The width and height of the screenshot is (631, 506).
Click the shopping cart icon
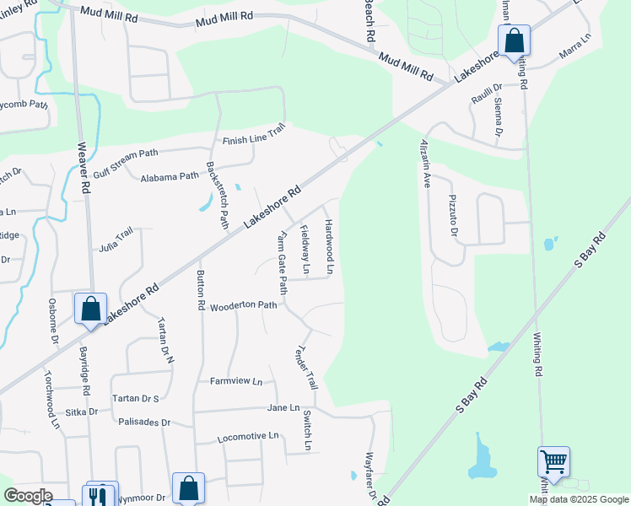point(553,461)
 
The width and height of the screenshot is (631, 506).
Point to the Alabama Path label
point(170,177)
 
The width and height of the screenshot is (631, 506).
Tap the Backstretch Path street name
point(218,194)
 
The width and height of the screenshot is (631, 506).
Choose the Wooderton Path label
point(244,305)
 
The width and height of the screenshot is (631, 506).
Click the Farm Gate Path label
point(283,264)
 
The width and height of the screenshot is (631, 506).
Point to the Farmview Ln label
point(236,381)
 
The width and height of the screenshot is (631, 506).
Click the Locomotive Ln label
point(248,436)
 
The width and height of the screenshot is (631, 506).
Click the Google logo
point(27,496)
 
